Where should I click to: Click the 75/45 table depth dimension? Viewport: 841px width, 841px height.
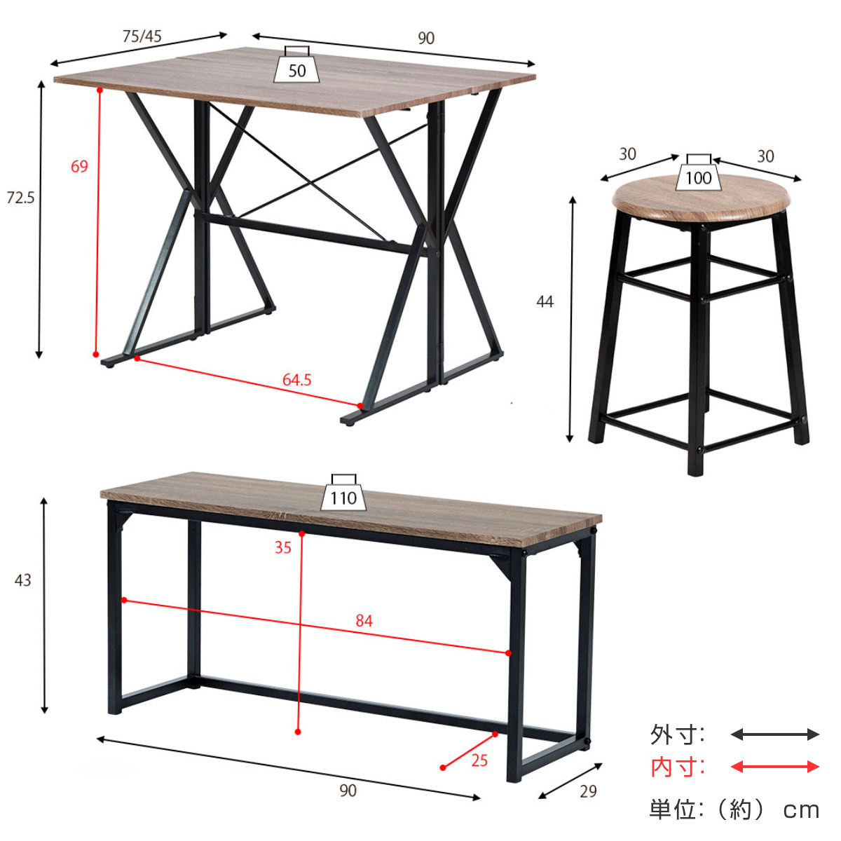(142, 36)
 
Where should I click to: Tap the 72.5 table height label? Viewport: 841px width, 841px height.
(20, 198)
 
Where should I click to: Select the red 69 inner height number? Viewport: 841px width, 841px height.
(79, 166)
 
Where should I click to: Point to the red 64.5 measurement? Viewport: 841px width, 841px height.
(296, 380)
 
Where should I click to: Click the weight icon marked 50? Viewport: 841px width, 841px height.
(296, 67)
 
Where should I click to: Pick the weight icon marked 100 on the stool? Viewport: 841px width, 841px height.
(698, 175)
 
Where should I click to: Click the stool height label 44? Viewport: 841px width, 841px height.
(545, 301)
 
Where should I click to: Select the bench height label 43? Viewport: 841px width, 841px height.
(22, 580)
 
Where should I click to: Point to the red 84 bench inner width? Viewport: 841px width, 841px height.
(364, 620)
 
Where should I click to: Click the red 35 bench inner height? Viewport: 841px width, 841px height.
(282, 547)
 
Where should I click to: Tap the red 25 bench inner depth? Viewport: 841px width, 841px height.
(479, 760)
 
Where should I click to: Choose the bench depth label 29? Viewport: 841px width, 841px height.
(588, 791)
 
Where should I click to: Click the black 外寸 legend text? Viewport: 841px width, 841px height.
(677, 734)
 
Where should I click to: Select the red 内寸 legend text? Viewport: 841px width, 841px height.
(677, 767)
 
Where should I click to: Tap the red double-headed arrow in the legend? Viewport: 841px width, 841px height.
(774, 767)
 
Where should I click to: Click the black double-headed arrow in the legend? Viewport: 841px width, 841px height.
(774, 734)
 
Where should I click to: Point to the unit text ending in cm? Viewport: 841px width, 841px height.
(734, 810)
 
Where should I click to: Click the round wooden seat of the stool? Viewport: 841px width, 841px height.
(705, 198)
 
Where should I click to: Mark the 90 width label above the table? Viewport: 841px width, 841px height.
(426, 39)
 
